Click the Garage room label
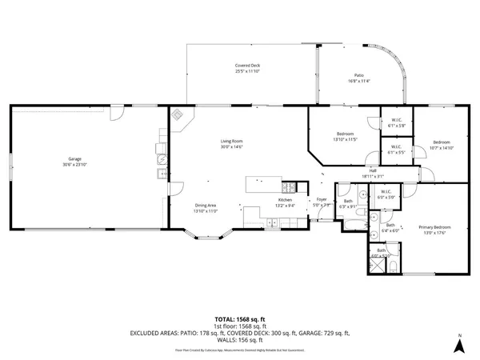pyautogui.click(x=75, y=159)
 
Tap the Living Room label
pyautogui.click(x=231, y=142)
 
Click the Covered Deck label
pyautogui.click(x=247, y=66)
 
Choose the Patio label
pyautogui.click(x=359, y=75)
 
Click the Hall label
pyautogui.click(x=373, y=170)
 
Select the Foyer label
pyautogui.click(x=321, y=199)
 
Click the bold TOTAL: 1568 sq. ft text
pyautogui.click(x=239, y=319)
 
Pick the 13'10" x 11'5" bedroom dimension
pyautogui.click(x=345, y=139)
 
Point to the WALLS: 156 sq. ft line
pyautogui.click(x=239, y=338)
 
